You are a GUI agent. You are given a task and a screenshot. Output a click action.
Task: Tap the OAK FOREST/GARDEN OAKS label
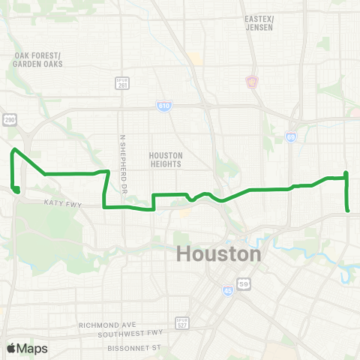(37, 60)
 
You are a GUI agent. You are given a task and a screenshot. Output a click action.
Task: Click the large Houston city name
(219, 254)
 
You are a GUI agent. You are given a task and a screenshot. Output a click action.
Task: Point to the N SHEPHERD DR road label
(121, 161)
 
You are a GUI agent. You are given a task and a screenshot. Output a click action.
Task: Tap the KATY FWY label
(61, 203)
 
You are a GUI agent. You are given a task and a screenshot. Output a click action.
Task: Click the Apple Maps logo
(28, 348)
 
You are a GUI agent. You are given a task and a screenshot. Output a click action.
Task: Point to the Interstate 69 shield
(290, 137)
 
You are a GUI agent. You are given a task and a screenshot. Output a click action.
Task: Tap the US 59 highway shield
(244, 283)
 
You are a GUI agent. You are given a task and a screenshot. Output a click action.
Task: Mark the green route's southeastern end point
(348, 210)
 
